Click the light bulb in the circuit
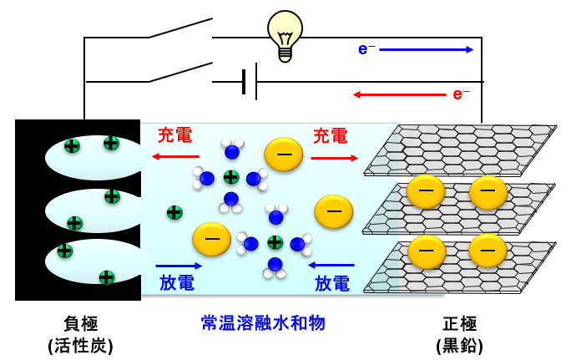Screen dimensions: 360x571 click(285, 34)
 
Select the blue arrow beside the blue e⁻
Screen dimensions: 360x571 click(426, 49)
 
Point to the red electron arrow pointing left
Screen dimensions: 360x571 click(399, 94)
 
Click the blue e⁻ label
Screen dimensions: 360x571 click(366, 49)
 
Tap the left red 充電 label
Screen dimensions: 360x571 click(174, 135)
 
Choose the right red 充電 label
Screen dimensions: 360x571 click(330, 135)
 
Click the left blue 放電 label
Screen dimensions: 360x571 click(176, 283)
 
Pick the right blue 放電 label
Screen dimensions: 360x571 click(331, 283)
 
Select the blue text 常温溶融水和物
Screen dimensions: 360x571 click(263, 323)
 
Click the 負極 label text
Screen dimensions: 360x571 click(80, 323)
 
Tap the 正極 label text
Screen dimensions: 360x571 click(459, 323)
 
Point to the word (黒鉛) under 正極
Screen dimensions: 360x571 click(459, 345)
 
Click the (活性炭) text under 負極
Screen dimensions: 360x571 click(80, 345)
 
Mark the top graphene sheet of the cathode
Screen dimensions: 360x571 click(467, 147)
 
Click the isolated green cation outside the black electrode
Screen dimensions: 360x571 click(174, 212)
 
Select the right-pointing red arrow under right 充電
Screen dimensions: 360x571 click(334, 158)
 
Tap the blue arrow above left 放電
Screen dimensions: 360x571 click(178, 266)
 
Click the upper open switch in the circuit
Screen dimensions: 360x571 click(180, 29)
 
